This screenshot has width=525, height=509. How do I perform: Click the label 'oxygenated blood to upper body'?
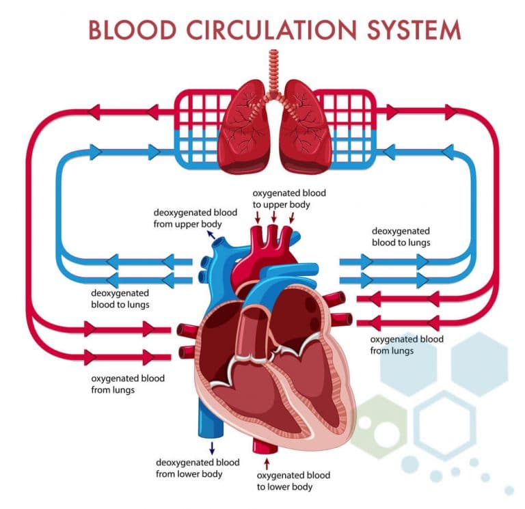pos(289,199)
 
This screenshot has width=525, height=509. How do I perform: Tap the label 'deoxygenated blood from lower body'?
pos(198,468)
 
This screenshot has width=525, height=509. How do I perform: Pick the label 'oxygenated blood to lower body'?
pos(293,481)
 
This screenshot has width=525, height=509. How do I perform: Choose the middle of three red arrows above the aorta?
pos(274,217)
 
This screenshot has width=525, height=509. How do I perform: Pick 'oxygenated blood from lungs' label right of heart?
pos(406,345)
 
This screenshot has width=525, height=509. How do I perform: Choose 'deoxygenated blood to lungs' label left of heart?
pos(120,299)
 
